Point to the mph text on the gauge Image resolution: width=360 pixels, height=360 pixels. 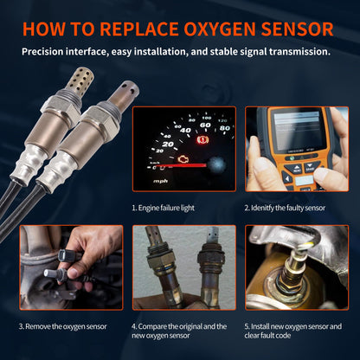coord(161,181)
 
